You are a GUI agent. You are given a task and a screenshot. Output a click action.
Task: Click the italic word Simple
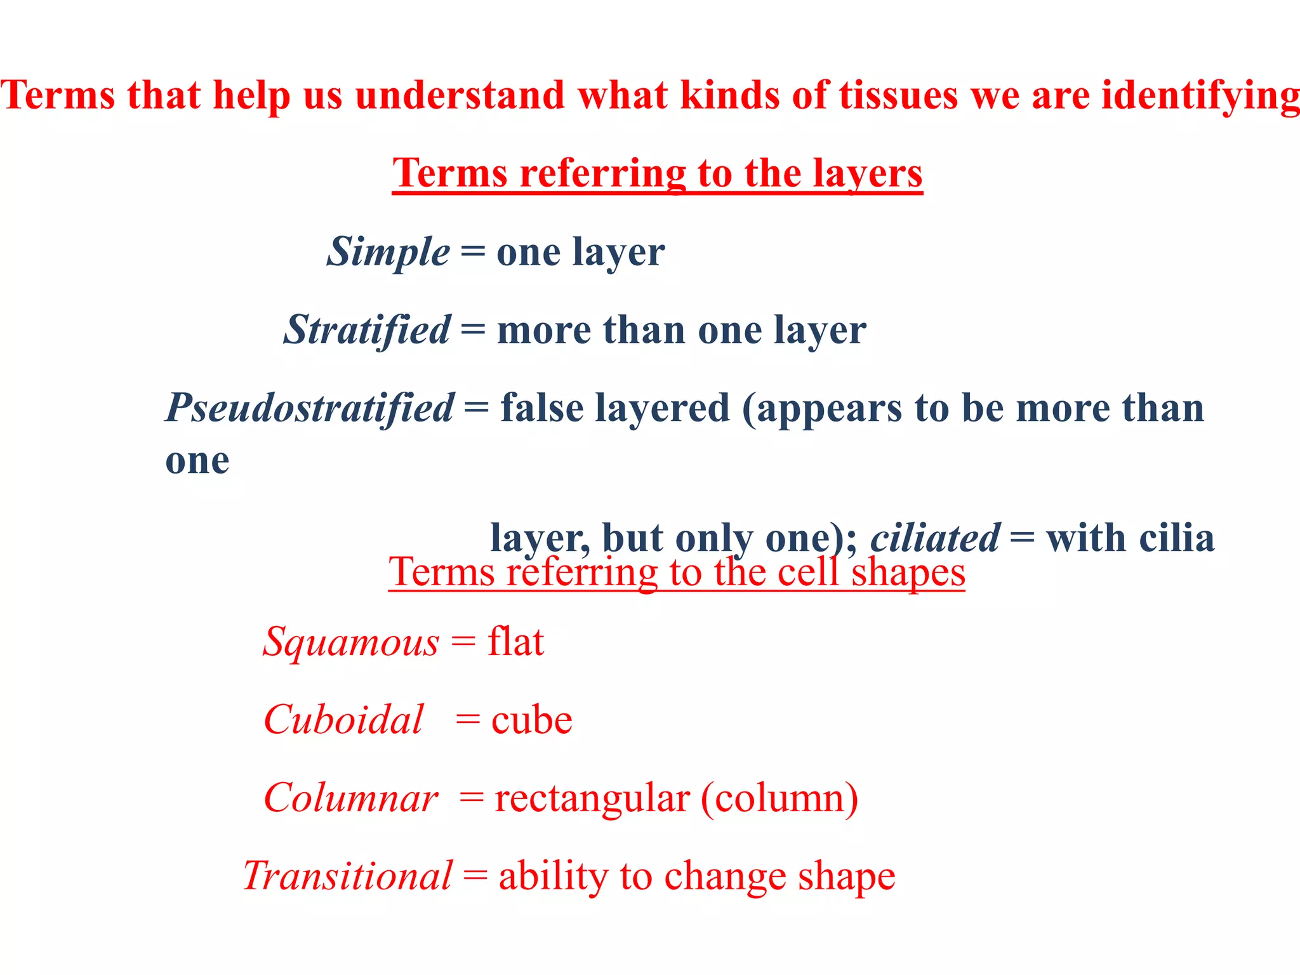click(388, 253)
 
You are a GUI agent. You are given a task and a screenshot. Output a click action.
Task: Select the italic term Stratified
click(367, 331)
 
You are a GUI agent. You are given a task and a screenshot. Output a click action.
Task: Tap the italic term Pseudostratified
click(310, 408)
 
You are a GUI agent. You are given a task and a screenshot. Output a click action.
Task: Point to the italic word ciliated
click(935, 538)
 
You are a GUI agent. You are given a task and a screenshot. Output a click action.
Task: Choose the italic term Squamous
click(351, 642)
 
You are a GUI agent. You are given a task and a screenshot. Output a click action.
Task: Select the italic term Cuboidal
click(343, 720)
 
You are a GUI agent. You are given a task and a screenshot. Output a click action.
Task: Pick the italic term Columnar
click(351, 799)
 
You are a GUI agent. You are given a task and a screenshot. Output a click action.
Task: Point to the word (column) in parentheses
click(779, 799)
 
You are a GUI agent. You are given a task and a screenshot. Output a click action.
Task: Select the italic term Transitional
click(347, 877)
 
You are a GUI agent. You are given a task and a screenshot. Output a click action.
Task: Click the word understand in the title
click(460, 96)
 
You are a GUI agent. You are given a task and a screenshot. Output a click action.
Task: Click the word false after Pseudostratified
click(541, 408)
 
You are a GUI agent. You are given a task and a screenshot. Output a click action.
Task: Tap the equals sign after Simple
click(473, 253)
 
